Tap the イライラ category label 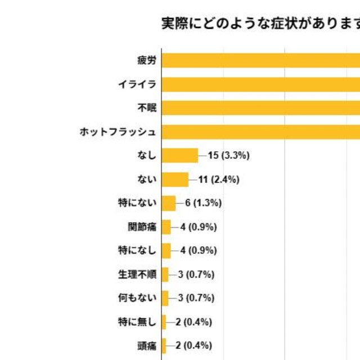(137, 84)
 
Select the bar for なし (180, 155)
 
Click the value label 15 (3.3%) (228, 155)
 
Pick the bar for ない (175, 179)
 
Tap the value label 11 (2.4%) (219, 179)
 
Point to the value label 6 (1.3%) (203, 203)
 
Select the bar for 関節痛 (166, 227)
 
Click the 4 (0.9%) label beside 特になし (198, 251)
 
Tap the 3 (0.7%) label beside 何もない (196, 298)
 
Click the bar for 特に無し (164, 322)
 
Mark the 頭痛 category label (146, 346)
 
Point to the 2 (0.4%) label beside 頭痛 (193, 346)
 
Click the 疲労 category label (146, 60)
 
